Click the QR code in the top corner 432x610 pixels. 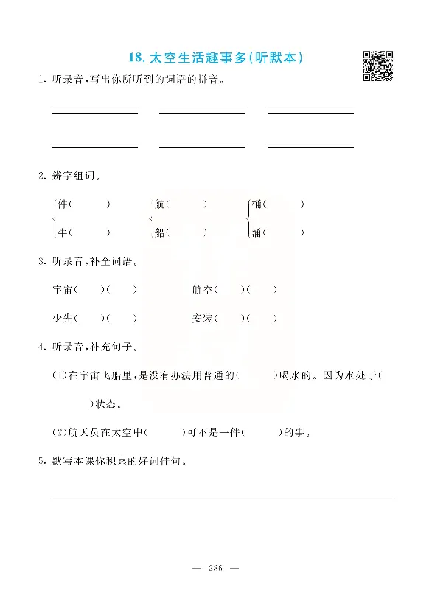tap(377, 66)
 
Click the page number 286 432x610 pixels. tap(216, 568)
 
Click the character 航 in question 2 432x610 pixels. tap(160, 204)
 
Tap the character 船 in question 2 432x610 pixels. tap(160, 232)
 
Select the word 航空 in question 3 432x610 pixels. tap(201, 289)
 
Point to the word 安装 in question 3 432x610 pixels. tap(201, 318)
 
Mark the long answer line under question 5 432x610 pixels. tap(222, 496)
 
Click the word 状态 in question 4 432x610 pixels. tap(108, 404)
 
